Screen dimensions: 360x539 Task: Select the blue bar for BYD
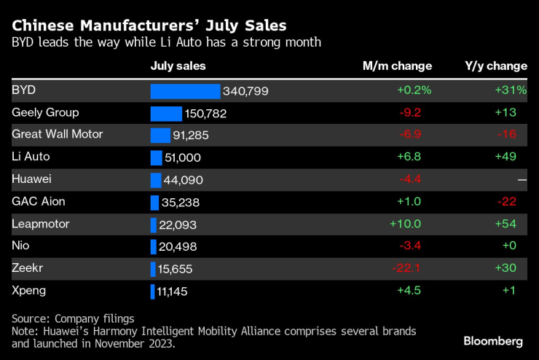185,91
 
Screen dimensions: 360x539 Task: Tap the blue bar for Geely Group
166,114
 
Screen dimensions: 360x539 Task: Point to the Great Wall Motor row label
58,135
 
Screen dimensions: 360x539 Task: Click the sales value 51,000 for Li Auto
184,157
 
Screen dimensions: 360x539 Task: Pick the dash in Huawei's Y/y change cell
522,180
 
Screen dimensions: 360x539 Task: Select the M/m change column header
397,66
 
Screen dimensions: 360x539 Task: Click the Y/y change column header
495,66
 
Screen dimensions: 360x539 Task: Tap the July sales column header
178,66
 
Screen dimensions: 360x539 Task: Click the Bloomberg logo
493,341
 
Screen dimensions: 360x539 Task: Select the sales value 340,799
246,91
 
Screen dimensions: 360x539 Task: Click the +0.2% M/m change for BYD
414,90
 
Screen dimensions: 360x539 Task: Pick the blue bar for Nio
154,247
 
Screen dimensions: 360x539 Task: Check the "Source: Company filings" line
73,318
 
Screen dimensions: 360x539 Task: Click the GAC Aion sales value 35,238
180,203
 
